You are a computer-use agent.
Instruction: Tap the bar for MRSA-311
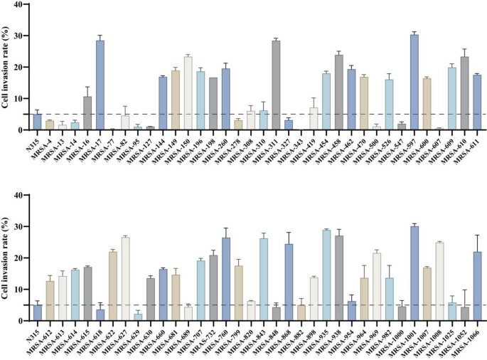click(x=275, y=85)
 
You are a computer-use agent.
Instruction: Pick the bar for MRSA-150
click(x=188, y=93)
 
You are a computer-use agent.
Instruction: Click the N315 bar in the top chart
click(x=37, y=122)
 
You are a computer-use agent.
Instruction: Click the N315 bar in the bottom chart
click(x=37, y=312)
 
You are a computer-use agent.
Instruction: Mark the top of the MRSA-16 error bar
click(x=87, y=87)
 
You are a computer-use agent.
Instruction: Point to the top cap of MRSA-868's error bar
click(x=288, y=233)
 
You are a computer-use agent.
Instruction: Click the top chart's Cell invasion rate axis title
click(x=6, y=68)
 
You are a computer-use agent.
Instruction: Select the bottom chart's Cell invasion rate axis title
click(x=6, y=258)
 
